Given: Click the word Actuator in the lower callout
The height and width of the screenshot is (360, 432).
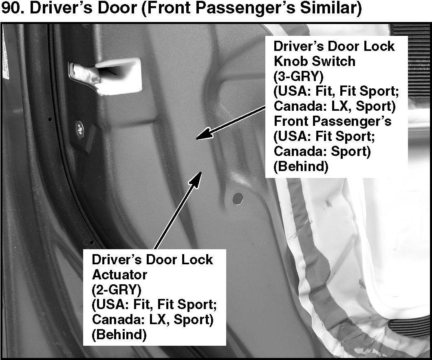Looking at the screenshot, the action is (119, 274).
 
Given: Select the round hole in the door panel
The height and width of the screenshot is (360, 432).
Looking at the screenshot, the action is (237, 198).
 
